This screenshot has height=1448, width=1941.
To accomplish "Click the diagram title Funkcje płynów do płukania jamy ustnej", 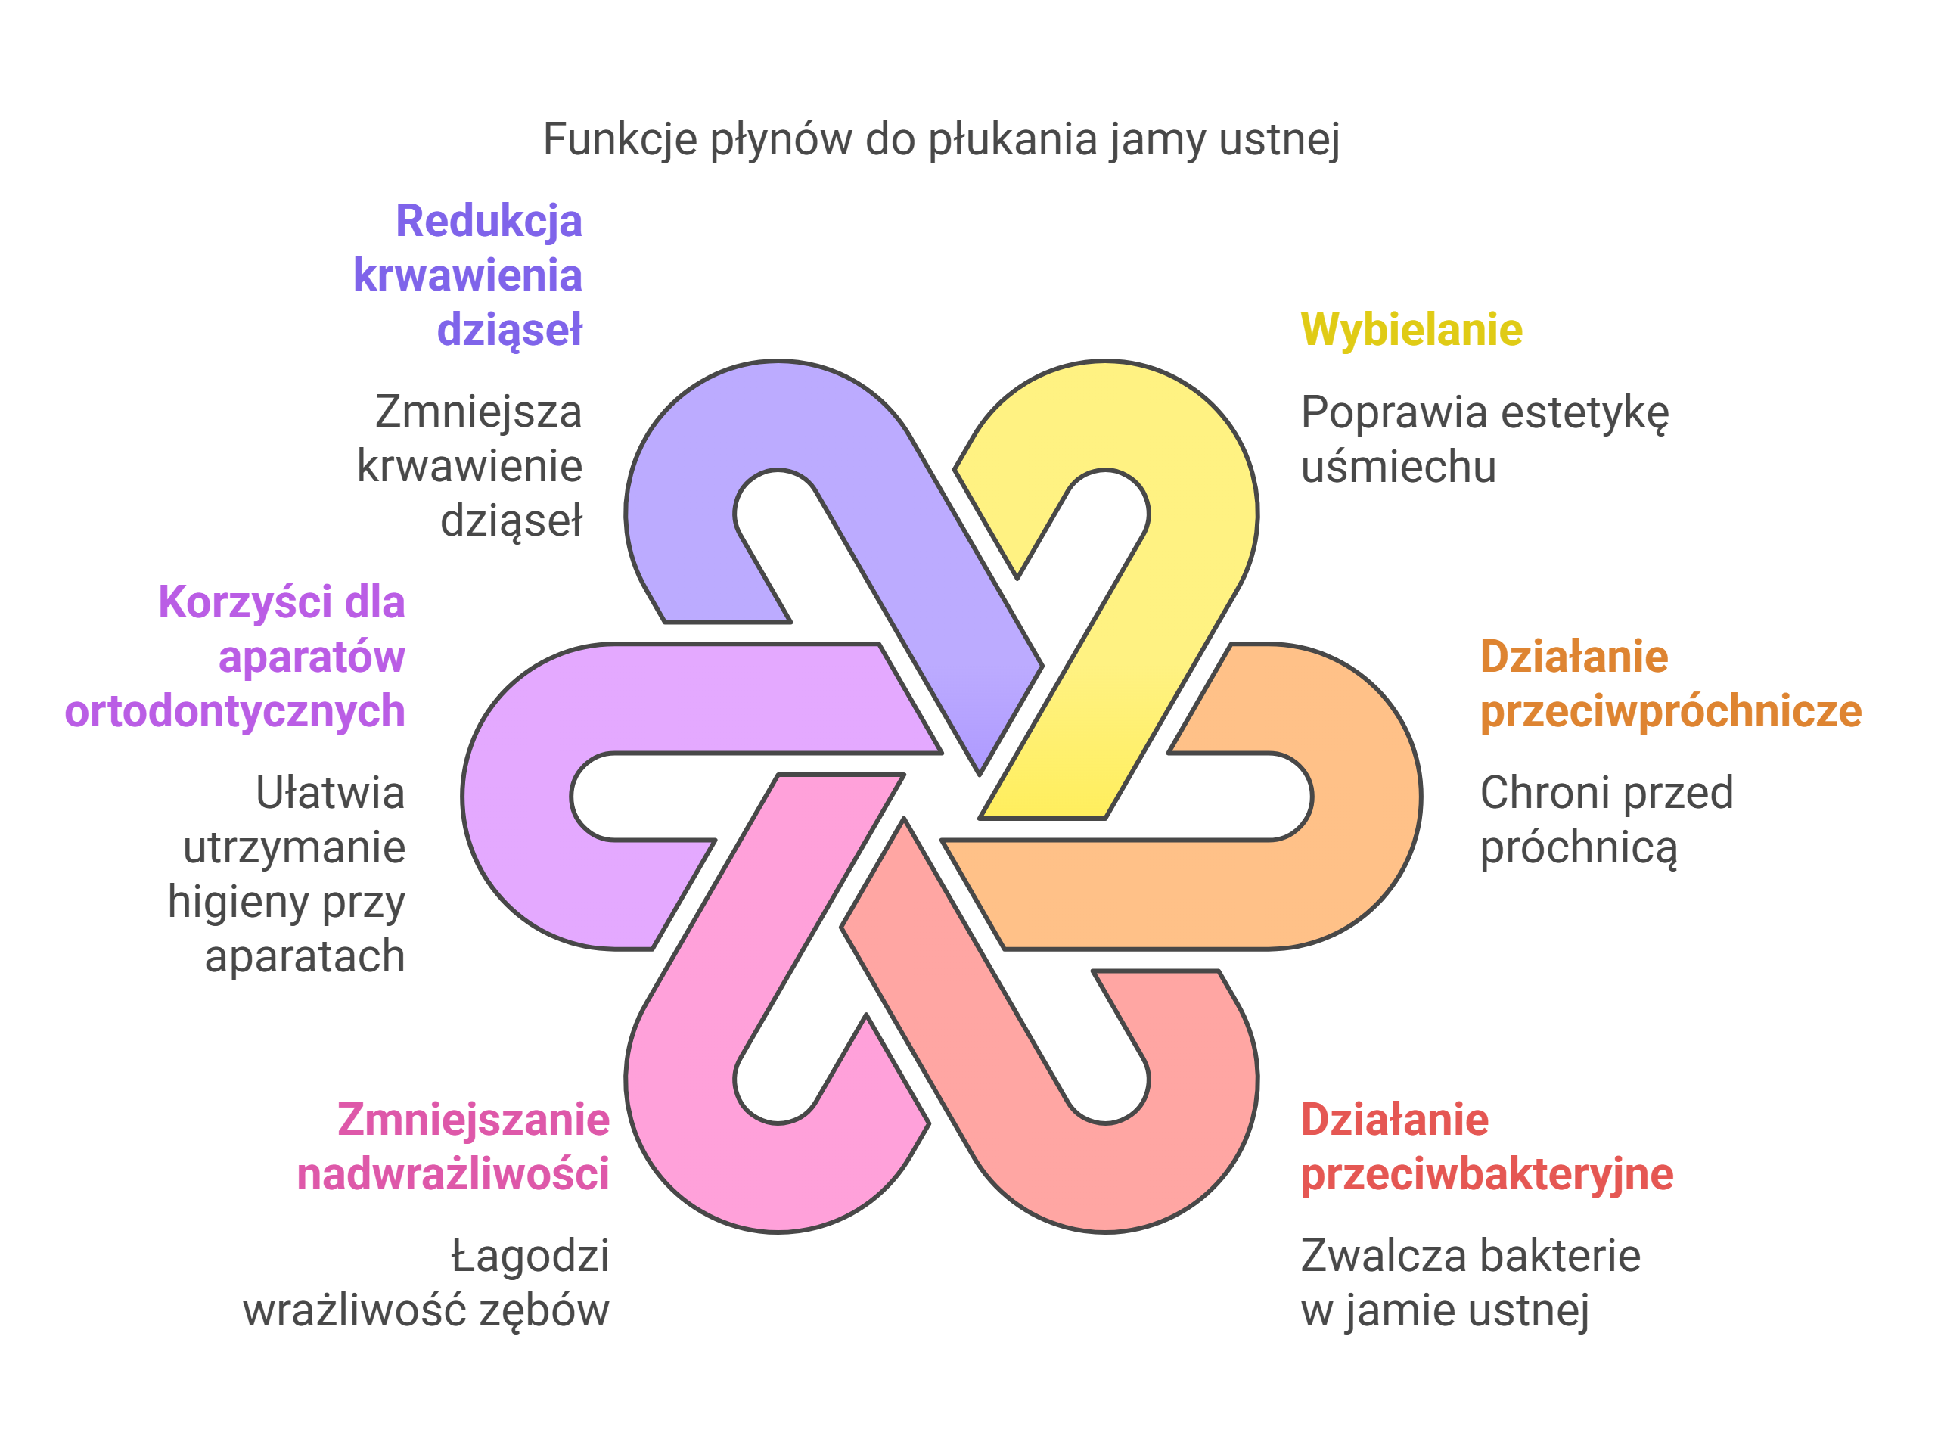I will click(940, 139).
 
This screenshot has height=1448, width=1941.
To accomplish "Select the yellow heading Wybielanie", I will click(1411, 331).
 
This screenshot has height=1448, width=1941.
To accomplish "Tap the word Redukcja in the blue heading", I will click(489, 221).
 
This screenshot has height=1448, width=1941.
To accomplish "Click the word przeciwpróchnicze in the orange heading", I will click(1670, 711).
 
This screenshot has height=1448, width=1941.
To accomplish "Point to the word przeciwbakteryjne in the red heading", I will click(1486, 1175).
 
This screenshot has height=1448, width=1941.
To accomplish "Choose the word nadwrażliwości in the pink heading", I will click(452, 1175).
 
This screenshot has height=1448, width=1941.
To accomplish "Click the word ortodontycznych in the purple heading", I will click(234, 711).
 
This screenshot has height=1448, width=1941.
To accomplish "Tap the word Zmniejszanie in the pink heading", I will click(474, 1120).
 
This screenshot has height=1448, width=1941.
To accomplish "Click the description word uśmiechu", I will click(1398, 466).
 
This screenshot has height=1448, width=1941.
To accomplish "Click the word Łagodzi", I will click(530, 1256).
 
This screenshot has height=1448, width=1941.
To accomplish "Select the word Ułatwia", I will click(331, 794).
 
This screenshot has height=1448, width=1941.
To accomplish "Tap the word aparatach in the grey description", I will click(305, 956).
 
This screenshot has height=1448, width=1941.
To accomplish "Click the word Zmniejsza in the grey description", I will click(479, 412).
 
